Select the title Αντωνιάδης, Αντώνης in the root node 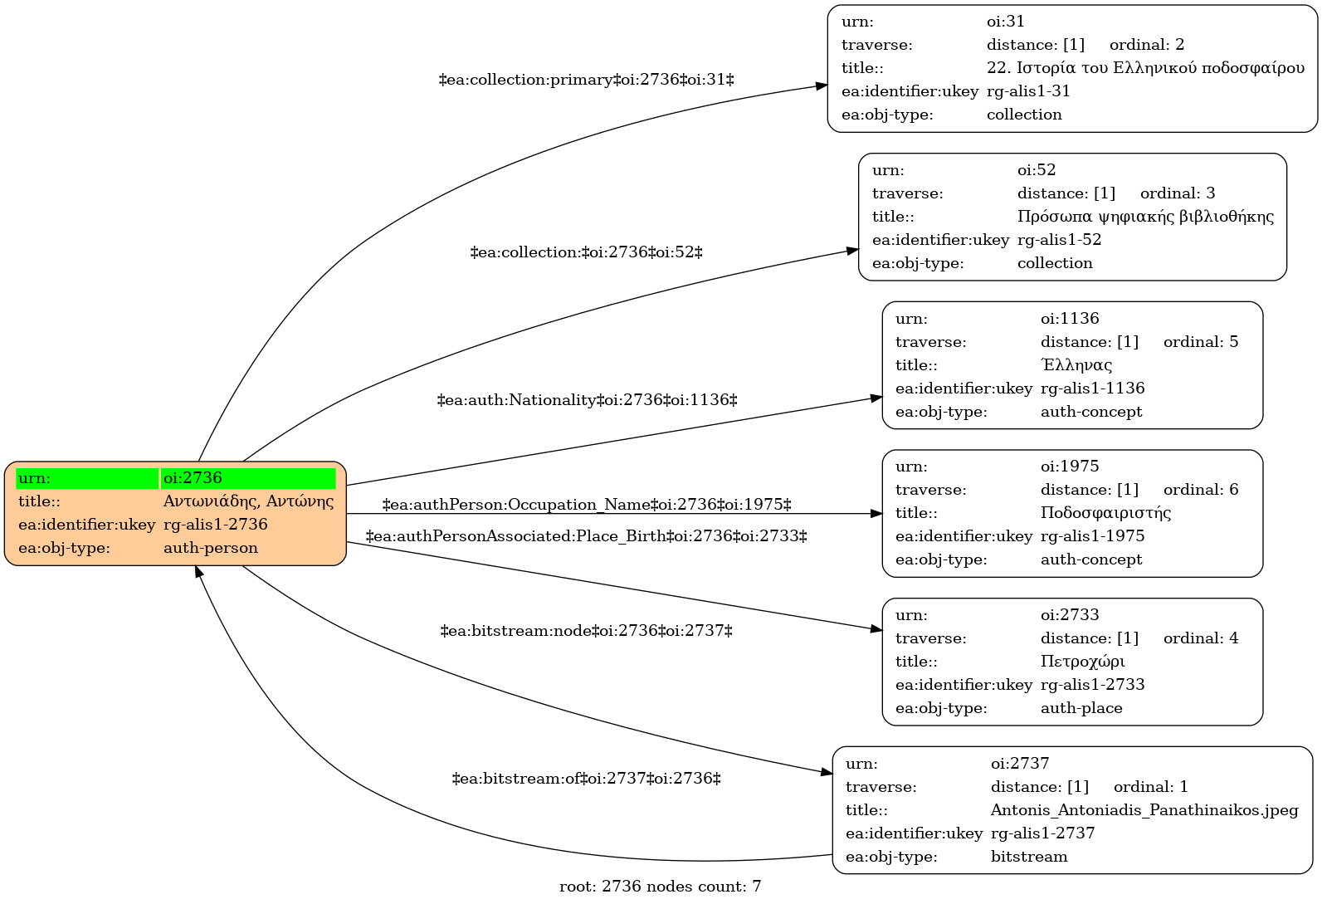248,501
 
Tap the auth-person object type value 211,548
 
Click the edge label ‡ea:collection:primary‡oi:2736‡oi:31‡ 586,80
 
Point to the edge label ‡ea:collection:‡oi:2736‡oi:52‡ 586,252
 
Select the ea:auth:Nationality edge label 587,400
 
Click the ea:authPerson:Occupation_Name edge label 586,505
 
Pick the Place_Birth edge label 586,536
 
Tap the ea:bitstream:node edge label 586,631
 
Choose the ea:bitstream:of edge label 586,779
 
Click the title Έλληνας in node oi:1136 1076,365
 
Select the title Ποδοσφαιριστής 1105,512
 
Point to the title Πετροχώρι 1082,661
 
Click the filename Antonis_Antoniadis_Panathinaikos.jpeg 1144,809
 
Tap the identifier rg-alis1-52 1060,240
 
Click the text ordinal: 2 1147,45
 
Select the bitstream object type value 1029,856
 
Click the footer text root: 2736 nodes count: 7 660,887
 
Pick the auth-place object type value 1081,708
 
